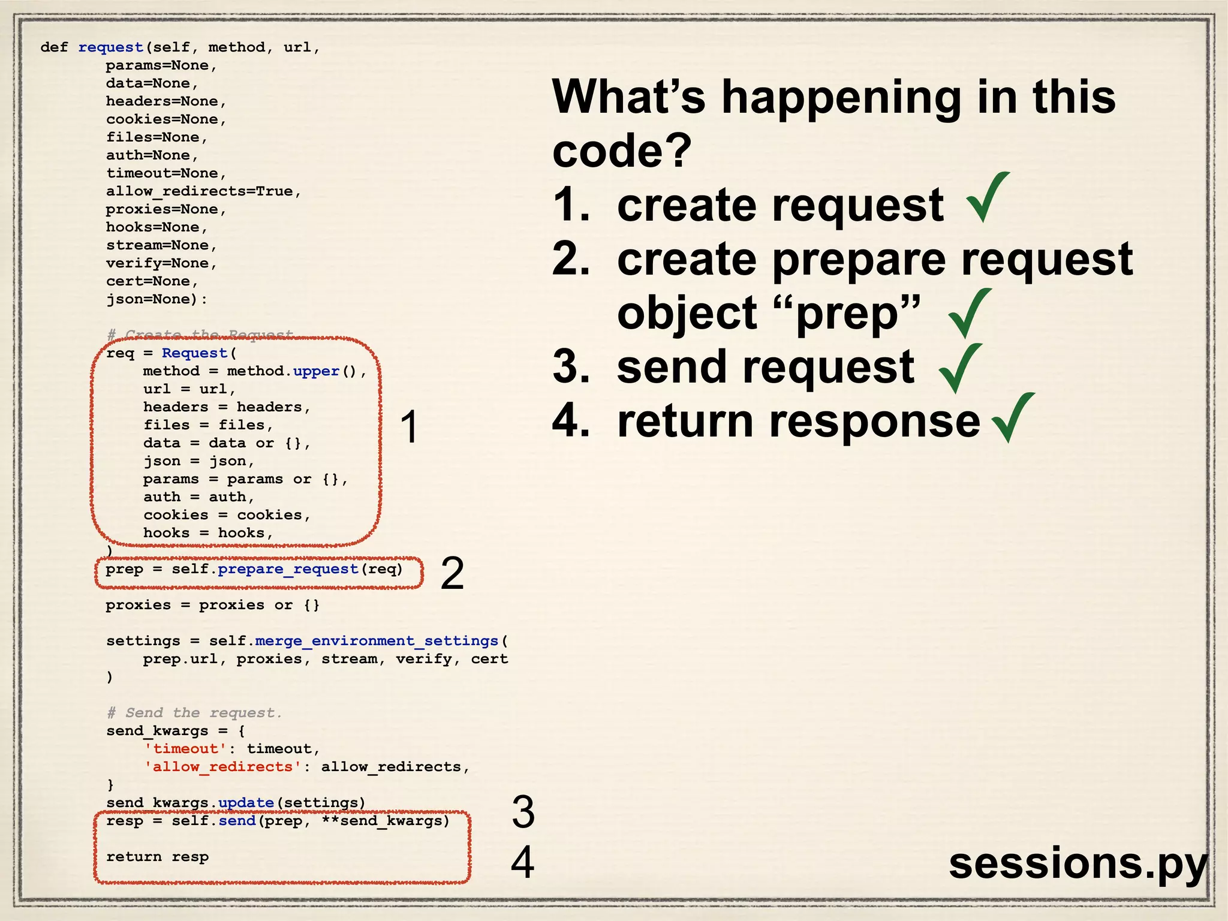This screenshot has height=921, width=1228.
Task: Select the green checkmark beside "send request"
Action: pyautogui.click(x=961, y=368)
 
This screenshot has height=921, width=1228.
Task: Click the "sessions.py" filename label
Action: pyautogui.click(x=1077, y=863)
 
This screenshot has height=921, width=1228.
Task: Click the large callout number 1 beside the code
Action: pyautogui.click(x=410, y=428)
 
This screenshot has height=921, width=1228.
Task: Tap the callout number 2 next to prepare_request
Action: pyautogui.click(x=452, y=573)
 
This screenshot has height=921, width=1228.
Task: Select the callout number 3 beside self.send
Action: pyautogui.click(x=523, y=812)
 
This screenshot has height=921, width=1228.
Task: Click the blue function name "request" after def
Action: pyautogui.click(x=111, y=47)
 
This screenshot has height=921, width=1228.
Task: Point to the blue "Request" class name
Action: pyautogui.click(x=195, y=353)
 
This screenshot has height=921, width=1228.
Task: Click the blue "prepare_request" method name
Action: pyautogui.click(x=288, y=569)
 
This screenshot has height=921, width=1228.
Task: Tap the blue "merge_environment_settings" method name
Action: pyautogui.click(x=377, y=641)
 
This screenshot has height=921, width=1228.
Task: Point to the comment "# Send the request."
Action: pyautogui.click(x=194, y=713)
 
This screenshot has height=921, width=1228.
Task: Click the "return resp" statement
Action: pyautogui.click(x=158, y=857)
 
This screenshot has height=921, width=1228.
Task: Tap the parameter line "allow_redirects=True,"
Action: pyautogui.click(x=203, y=191)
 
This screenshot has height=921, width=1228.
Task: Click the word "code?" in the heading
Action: pyautogui.click(x=622, y=151)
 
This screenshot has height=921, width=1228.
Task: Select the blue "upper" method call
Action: pyautogui.click(x=316, y=371)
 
